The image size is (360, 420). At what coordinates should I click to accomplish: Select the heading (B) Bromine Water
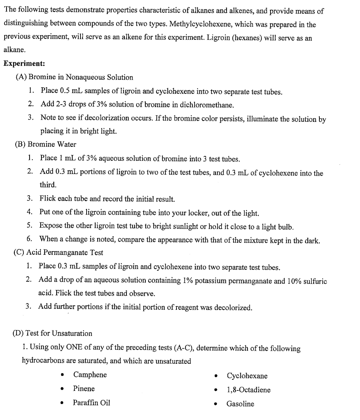(x=46, y=144)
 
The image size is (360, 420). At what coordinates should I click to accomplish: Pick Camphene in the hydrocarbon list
(x=90, y=375)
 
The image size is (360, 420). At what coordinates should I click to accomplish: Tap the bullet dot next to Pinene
(x=62, y=389)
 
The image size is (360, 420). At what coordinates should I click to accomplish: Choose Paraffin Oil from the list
(x=91, y=403)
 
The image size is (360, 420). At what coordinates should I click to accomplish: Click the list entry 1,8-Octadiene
(x=248, y=390)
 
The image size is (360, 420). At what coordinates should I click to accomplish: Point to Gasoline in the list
(x=240, y=404)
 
